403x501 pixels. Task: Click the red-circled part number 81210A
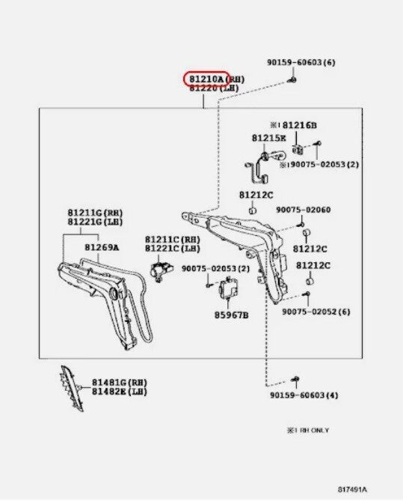pyautogui.click(x=206, y=79)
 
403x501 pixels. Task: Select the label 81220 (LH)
pyautogui.click(x=214, y=88)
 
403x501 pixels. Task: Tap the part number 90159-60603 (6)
pyautogui.click(x=301, y=62)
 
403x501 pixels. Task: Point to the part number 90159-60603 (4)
pyautogui.click(x=304, y=395)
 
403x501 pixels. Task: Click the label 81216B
pyautogui.click(x=300, y=125)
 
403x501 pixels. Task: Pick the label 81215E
pyautogui.click(x=269, y=138)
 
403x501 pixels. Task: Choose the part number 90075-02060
pyautogui.click(x=304, y=210)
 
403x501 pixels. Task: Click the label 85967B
pyautogui.click(x=231, y=315)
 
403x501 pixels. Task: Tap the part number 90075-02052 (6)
pyautogui.click(x=316, y=312)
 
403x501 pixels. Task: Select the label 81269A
pyautogui.click(x=102, y=247)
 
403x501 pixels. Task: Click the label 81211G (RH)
pyautogui.click(x=95, y=213)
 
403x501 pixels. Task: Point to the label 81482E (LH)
pyautogui.click(x=120, y=392)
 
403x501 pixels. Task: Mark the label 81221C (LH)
pyautogui.click(x=173, y=249)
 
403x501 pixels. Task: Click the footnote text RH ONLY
pyautogui.click(x=315, y=431)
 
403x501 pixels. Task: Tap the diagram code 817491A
pyautogui.click(x=353, y=490)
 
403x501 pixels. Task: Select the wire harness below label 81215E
pyautogui.click(x=265, y=167)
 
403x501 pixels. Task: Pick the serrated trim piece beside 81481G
pyautogui.click(x=72, y=388)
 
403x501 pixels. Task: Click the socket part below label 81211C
pyautogui.click(x=161, y=271)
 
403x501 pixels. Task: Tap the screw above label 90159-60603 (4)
pyautogui.click(x=295, y=379)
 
